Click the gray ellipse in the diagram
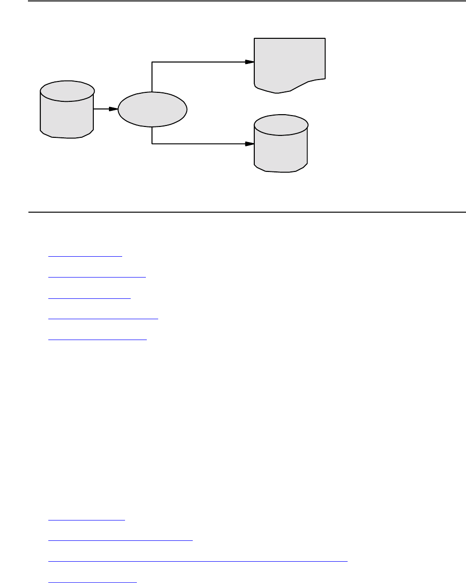click(152, 109)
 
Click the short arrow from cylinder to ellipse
click(105, 109)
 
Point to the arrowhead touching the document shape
click(250, 62)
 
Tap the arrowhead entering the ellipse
click(114, 109)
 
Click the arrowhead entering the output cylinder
click(250, 144)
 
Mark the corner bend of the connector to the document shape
click(152, 62)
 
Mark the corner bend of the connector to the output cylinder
click(152, 144)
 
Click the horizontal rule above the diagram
click(246, 1)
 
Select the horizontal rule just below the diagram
click(246, 212)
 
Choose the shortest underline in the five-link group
click(85, 256)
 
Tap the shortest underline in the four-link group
click(87, 520)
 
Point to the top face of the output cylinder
click(281, 125)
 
